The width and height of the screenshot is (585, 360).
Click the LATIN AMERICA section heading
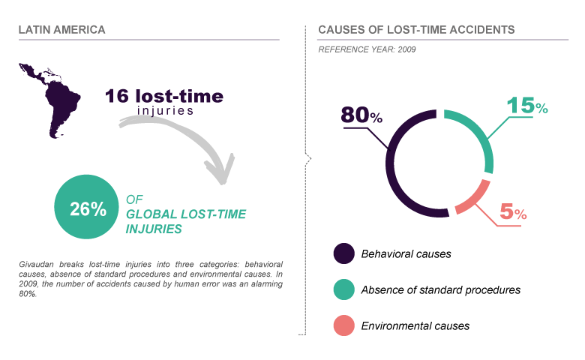pos(61,30)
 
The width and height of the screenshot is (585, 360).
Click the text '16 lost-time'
pos(163,96)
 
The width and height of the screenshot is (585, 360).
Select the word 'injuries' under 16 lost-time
pos(166,111)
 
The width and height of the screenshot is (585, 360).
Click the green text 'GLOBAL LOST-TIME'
pos(186,214)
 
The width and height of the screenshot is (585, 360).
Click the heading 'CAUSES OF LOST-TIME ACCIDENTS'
pos(416,30)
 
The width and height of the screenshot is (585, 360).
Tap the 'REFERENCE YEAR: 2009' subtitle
pos(367,49)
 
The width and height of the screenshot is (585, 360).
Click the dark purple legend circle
pos(343,253)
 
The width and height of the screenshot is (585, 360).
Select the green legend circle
pos(343,289)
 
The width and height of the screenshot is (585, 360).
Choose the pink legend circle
pos(343,325)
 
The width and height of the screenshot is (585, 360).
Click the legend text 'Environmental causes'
pos(415,325)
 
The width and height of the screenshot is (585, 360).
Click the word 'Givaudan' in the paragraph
pos(37,265)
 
